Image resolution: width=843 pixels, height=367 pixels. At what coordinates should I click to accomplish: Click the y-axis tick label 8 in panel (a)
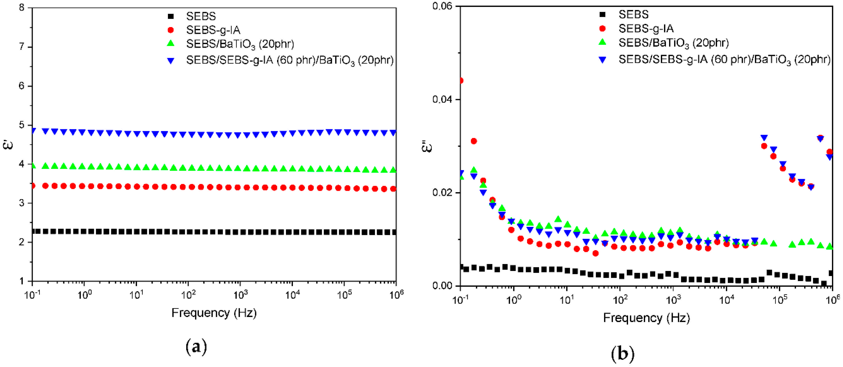click(x=22, y=8)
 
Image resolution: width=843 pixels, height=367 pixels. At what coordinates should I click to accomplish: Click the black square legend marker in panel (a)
click(x=170, y=16)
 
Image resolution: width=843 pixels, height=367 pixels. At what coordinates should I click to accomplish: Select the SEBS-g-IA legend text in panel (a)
click(x=213, y=30)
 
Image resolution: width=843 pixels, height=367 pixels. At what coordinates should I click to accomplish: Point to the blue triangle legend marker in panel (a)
click(x=170, y=61)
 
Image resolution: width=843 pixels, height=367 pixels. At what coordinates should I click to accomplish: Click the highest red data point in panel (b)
click(x=461, y=80)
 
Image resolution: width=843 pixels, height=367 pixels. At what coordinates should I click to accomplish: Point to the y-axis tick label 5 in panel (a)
click(x=22, y=125)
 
